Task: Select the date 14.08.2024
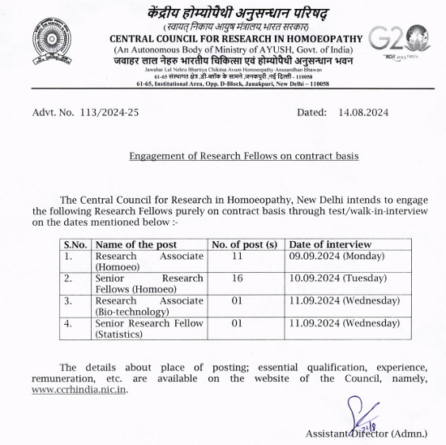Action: click(x=365, y=113)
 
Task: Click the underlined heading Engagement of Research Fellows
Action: click(x=243, y=156)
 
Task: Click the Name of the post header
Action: click(x=135, y=244)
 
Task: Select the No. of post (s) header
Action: click(x=244, y=244)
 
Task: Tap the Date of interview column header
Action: click(x=330, y=244)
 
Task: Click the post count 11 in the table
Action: click(x=238, y=256)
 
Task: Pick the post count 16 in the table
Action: click(x=238, y=279)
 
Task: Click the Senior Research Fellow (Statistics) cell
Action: click(x=148, y=328)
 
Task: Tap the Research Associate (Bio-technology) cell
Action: click(x=148, y=306)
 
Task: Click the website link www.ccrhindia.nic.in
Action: click(x=79, y=389)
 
